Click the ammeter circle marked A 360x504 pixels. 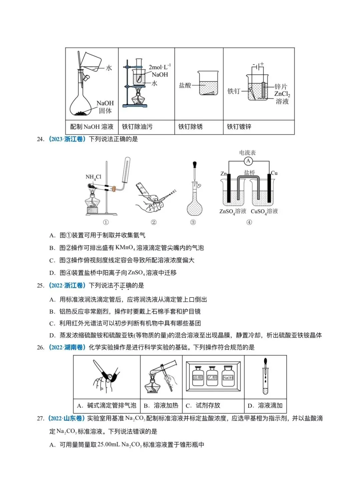coord(248,161)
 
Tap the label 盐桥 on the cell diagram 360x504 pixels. coord(249,173)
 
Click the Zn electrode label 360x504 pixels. coord(224,174)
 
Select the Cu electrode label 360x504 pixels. coord(274,173)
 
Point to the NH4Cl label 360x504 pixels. coord(93,177)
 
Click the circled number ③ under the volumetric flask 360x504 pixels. coord(193,222)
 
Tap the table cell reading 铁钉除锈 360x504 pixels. coord(190,127)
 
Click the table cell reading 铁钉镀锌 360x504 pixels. coord(239,127)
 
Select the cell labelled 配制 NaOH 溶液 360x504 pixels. coord(92,127)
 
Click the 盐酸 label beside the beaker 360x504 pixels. coord(185,86)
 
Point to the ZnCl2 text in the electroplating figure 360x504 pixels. coord(282,94)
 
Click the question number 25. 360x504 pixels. coord(40,285)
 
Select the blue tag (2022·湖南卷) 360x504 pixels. coord(67,347)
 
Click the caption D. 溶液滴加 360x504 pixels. coord(265,406)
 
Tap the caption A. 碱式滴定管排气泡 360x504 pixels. coord(107,406)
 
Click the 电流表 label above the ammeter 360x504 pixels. coord(247,153)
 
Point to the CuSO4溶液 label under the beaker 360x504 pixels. coord(264,212)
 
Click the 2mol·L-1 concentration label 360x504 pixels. coord(159,67)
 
